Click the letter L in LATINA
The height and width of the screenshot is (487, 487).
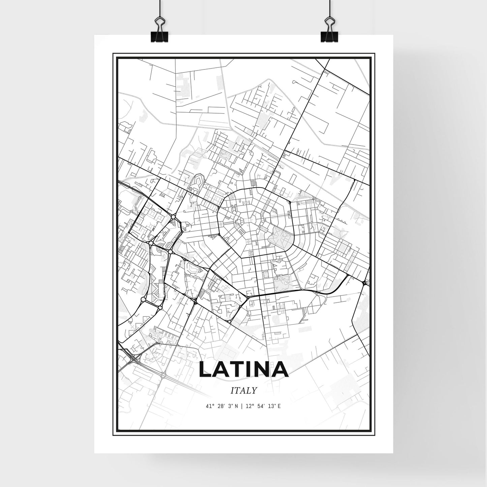coord(205,369)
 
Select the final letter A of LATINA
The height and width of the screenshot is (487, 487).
coord(280,369)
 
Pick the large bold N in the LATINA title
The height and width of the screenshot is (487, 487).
coord(263,369)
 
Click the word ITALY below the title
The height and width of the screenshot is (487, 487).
coord(244,391)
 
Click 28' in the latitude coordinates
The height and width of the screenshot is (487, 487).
coord(220,406)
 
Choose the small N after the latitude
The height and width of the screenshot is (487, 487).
coord(237,406)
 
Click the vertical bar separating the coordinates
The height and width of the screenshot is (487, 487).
coord(242,406)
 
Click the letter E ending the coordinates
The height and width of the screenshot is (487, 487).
coord(279,406)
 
